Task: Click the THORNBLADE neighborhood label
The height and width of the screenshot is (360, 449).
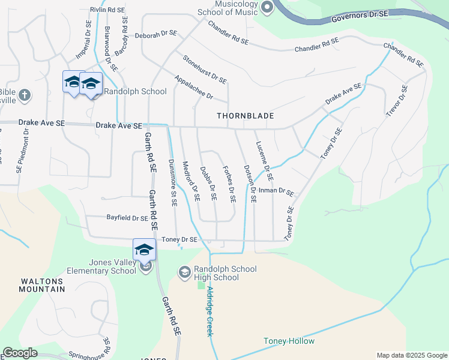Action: coord(245,115)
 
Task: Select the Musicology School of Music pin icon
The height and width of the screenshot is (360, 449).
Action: coord(267,7)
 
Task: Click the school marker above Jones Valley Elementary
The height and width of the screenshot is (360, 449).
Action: coord(144,248)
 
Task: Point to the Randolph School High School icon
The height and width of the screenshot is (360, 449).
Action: coord(184,273)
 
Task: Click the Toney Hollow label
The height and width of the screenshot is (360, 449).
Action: coord(289,341)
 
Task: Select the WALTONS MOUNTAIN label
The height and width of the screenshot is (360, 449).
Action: coord(43,285)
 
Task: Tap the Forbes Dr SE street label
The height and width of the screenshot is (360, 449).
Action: coord(229,184)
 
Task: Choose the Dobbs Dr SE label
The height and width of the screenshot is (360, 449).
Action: coord(208,184)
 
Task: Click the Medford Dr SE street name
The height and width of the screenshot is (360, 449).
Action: coord(191,181)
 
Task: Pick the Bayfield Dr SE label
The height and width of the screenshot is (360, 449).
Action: coord(127,218)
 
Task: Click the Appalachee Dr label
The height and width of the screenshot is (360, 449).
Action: coord(194,88)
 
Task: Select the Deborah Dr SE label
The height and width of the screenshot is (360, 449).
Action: coord(155,35)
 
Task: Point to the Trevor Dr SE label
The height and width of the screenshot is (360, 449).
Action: coord(397,101)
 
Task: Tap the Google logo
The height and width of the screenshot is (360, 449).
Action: coord(20,353)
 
